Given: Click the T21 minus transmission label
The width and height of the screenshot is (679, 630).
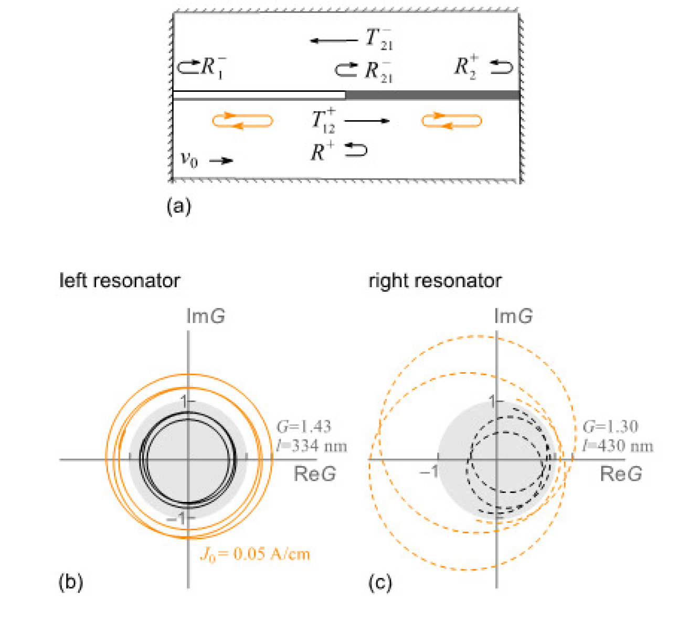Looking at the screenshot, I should point(379,39).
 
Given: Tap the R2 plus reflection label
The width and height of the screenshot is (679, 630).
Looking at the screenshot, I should point(466,67).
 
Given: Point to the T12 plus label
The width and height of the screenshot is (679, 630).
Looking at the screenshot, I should point(323,121).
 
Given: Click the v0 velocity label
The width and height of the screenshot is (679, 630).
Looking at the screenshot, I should point(189,159).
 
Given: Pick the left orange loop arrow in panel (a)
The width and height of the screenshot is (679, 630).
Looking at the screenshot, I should point(242,121).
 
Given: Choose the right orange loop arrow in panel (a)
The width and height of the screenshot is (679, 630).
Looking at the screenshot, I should point(452,121).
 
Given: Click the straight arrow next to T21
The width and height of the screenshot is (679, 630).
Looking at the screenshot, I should point(333,40).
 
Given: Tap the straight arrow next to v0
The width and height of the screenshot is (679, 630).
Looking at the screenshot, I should point(221,161).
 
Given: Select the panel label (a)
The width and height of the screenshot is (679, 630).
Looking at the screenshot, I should point(178,206).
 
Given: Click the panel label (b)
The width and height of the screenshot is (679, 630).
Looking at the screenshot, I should point(71,582).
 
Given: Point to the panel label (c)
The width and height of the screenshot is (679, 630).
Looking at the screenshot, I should point(380,582).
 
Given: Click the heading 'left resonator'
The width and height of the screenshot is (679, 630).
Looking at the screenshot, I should point(120,281).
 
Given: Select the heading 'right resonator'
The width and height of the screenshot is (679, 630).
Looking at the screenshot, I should point(434,281).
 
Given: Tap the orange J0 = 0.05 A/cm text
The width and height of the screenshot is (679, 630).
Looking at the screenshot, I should point(256,554).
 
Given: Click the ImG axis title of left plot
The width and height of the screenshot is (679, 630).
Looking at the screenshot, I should point(206,317).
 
